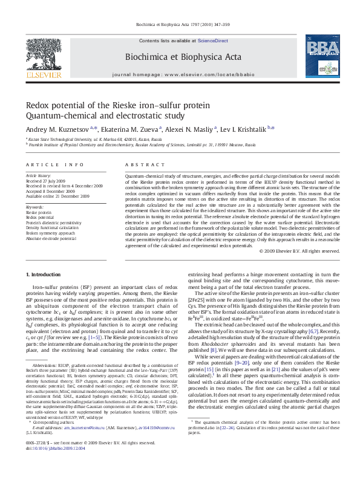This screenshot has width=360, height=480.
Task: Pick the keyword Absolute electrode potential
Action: tap(51, 238)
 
